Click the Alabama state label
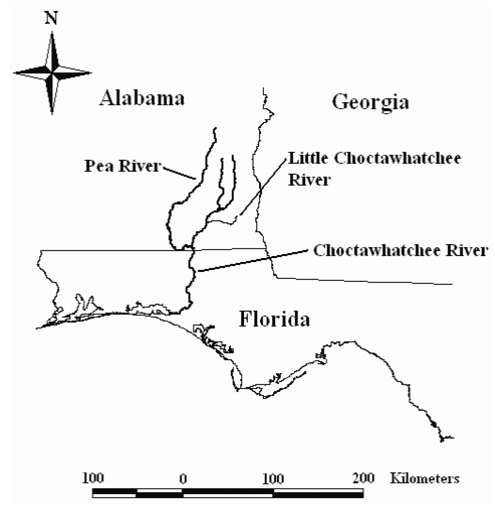[142, 98]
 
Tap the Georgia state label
[371, 102]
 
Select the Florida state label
[274, 319]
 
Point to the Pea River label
[122, 166]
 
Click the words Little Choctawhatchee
[375, 158]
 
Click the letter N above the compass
[52, 19]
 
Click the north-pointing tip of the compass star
[52, 32]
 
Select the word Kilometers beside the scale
[424, 479]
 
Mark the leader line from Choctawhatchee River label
[252, 261]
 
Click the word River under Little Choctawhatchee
[309, 180]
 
